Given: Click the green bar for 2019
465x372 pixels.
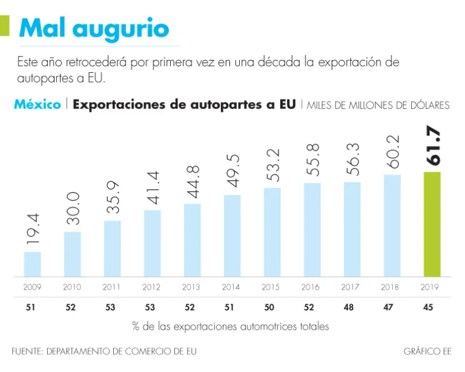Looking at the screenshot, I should coord(431,224).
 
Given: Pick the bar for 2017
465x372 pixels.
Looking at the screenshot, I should coord(352,229).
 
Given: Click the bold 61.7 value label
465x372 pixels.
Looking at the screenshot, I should coord(432,147).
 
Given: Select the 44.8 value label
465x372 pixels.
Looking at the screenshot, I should coord(192,181).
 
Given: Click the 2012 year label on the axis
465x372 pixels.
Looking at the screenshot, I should coord(151,288).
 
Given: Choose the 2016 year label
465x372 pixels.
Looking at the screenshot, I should coord(311,288).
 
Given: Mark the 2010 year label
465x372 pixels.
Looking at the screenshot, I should coord(71,288).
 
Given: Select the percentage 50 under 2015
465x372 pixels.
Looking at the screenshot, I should coord(271,308).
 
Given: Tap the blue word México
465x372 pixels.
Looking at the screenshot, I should coord(37,104).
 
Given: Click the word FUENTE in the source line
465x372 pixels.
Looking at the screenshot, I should coord(26,351).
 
